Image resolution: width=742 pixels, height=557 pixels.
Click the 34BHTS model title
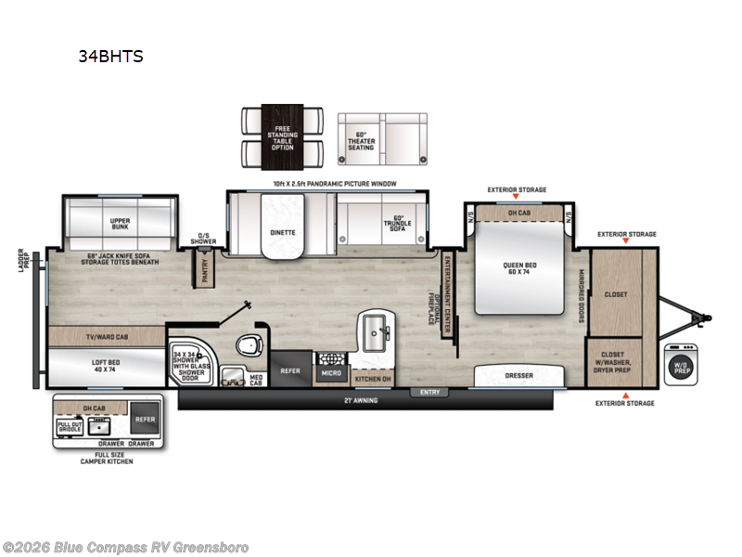coord(110,56)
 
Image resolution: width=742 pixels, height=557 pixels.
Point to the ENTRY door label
coord(429,393)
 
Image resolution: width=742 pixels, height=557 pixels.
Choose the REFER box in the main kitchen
coord(290,370)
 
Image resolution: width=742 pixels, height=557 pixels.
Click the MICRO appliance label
coord(331,373)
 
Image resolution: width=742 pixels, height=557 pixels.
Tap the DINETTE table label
coord(282,232)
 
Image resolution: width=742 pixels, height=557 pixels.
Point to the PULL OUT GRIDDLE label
coord(70,426)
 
